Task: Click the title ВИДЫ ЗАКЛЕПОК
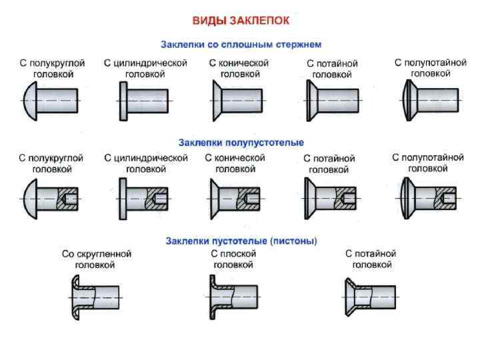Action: (241, 21)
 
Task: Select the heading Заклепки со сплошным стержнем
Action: (241, 45)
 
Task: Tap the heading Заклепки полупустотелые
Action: (241, 143)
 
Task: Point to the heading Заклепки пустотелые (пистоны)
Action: (241, 240)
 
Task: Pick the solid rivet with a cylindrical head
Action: (143, 100)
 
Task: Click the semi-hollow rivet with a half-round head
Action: (51, 198)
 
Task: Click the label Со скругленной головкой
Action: (97, 259)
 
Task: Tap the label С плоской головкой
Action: (233, 259)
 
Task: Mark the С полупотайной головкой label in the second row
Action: (427, 163)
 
